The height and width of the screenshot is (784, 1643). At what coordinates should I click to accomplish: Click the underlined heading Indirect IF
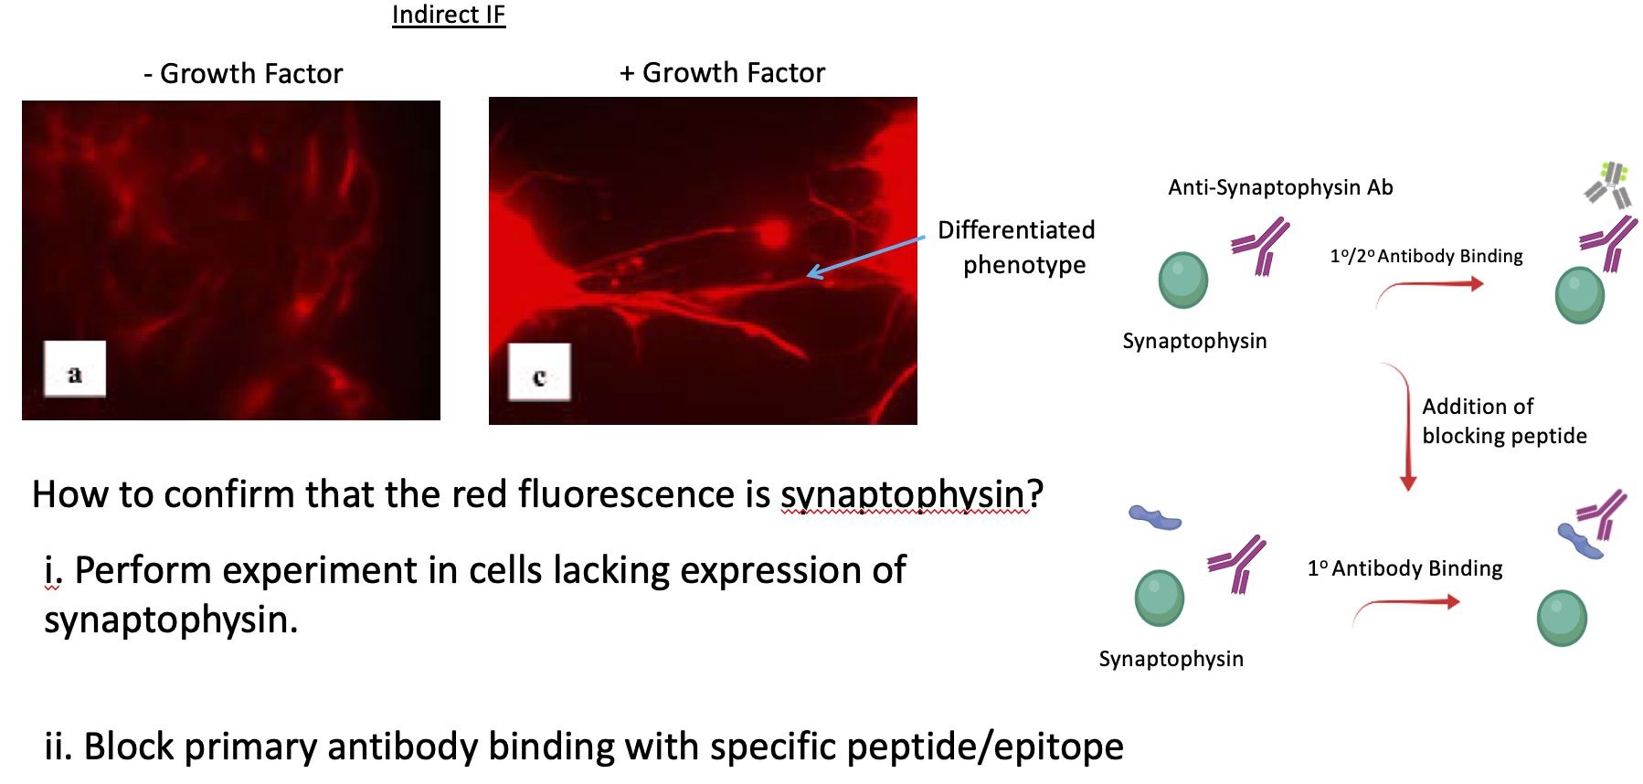tap(449, 15)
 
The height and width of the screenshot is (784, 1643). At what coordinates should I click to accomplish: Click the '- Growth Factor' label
tap(243, 73)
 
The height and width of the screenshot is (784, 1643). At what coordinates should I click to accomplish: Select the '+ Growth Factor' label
tap(722, 72)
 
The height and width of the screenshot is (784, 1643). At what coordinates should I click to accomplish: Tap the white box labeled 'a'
tap(75, 369)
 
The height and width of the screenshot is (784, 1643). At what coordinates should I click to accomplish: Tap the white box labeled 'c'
tap(539, 372)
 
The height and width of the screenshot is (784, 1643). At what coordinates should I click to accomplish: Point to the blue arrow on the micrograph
tap(865, 257)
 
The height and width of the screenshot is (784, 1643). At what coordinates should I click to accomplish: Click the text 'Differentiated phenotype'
tap(1017, 247)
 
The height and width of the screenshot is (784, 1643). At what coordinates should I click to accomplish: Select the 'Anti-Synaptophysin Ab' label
tap(1280, 187)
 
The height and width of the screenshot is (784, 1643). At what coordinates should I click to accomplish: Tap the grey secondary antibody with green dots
tap(1609, 185)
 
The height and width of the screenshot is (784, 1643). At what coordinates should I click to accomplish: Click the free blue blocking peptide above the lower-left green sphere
tap(1155, 518)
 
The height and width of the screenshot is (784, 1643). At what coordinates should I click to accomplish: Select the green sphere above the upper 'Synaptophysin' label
tap(1183, 281)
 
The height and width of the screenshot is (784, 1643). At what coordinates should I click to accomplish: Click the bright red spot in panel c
tap(774, 234)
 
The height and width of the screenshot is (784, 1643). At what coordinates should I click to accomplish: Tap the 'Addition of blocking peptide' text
tap(1504, 421)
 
